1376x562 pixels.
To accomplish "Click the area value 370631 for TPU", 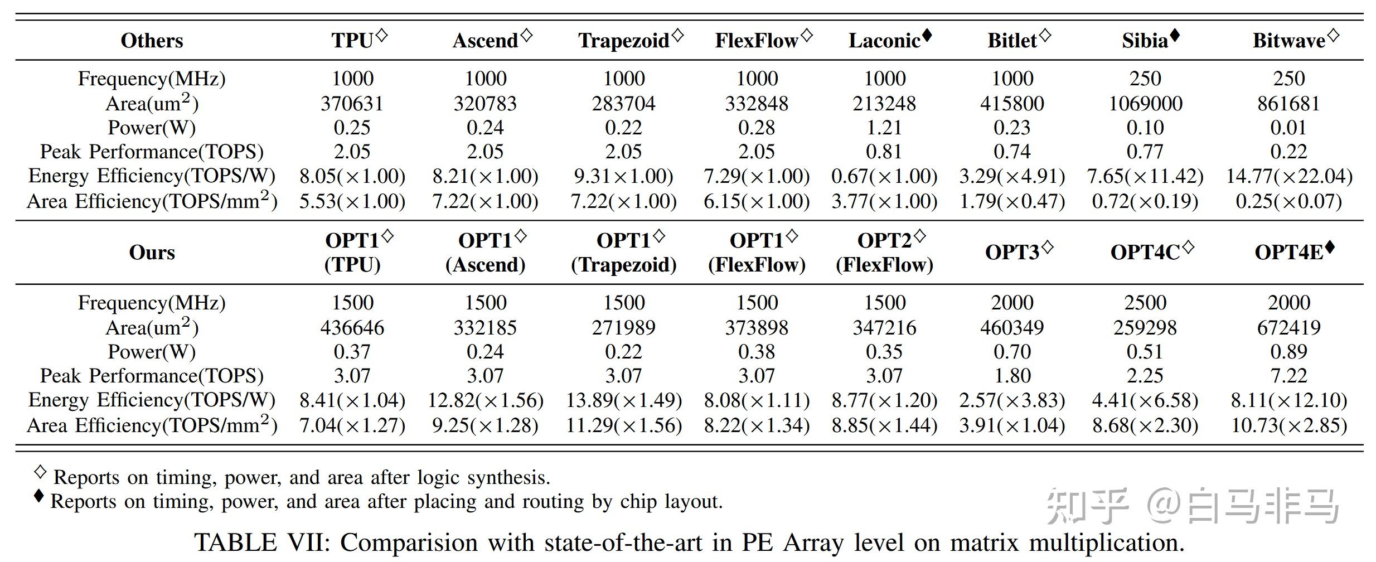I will click(352, 103).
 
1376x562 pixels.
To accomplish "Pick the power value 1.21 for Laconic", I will click(884, 128).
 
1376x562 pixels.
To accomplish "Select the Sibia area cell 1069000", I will click(1145, 103).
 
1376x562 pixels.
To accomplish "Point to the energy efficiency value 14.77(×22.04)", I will click(1289, 176).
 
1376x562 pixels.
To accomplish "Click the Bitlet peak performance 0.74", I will click(1012, 152).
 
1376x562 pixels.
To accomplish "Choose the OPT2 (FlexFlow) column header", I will click(884, 252).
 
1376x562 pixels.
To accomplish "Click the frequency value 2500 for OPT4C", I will click(1145, 303).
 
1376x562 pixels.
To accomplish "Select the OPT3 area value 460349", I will click(1012, 327).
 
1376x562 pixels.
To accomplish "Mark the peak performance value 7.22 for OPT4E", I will click(1289, 376).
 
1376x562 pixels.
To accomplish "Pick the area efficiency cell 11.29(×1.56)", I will click(624, 425).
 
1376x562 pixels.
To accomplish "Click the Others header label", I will click(152, 40).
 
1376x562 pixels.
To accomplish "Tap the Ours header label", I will click(152, 252).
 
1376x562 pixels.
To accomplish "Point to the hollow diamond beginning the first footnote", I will click(40, 472).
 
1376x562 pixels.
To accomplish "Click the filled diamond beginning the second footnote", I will click(38, 496).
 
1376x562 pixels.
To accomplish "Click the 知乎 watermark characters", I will click(1087, 506).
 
